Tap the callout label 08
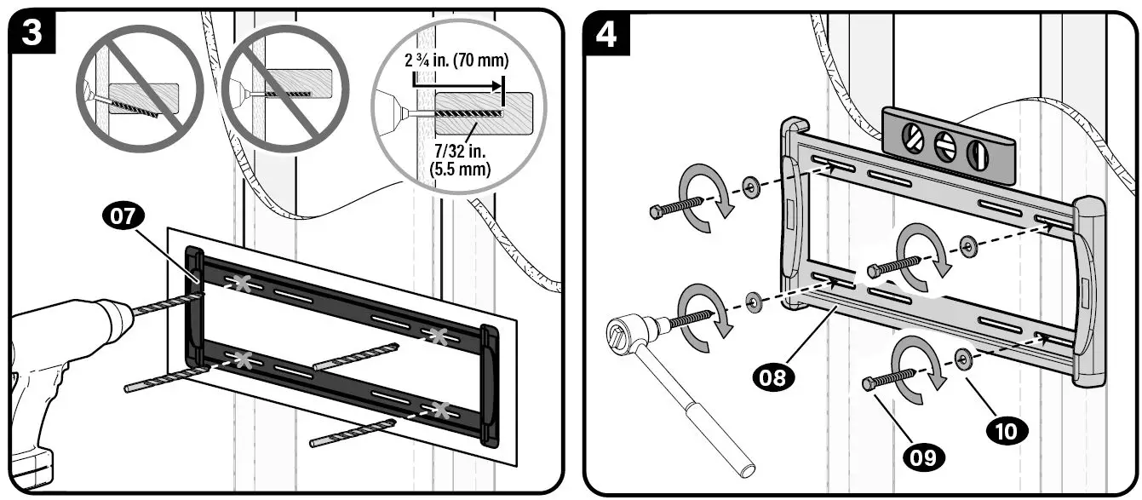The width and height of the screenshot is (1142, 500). click(x=772, y=376)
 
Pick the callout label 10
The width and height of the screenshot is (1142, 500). click(x=1006, y=430)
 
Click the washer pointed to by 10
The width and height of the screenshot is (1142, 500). click(x=963, y=356)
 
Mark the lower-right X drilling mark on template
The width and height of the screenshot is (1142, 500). click(x=441, y=411)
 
